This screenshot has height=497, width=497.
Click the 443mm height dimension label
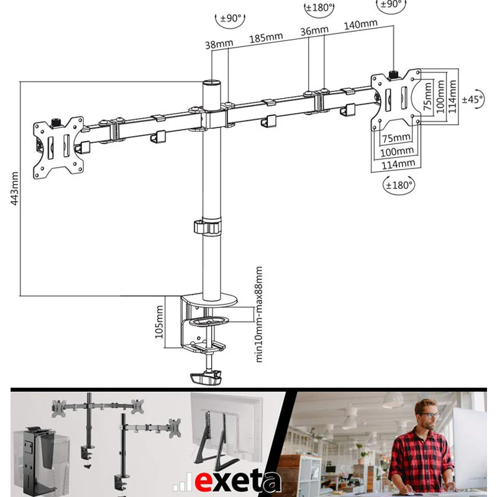pyautogui.click(x=14, y=189)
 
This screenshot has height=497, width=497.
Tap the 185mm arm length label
pyautogui.click(x=266, y=38)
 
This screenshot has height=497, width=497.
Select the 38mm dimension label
pyautogui.click(x=219, y=44)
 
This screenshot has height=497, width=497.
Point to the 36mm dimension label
pyautogui.click(x=314, y=30)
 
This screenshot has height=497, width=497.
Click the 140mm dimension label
pyautogui.click(x=361, y=24)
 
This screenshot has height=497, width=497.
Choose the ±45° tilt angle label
pyautogui.click(x=472, y=99)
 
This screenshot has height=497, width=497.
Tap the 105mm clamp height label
pyautogui.click(x=160, y=322)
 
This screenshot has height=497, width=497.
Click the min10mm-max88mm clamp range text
pyautogui.click(x=259, y=314)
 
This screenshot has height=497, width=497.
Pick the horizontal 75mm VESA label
pyautogui.click(x=396, y=138)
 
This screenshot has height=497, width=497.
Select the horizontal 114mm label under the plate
pyautogui.click(x=398, y=165)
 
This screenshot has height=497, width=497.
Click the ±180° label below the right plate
pyautogui.click(x=399, y=185)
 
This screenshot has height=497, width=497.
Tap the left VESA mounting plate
pyautogui.click(x=58, y=147)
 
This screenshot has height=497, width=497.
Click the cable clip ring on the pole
pyautogui.click(x=207, y=227)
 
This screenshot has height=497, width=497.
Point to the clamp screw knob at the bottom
pyautogui.click(x=206, y=378)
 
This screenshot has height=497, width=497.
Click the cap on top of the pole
pyautogui.click(x=212, y=84)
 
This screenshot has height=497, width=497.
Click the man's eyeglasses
pyautogui.click(x=430, y=415)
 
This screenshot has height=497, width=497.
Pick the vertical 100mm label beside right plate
pyautogui.click(x=440, y=96)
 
